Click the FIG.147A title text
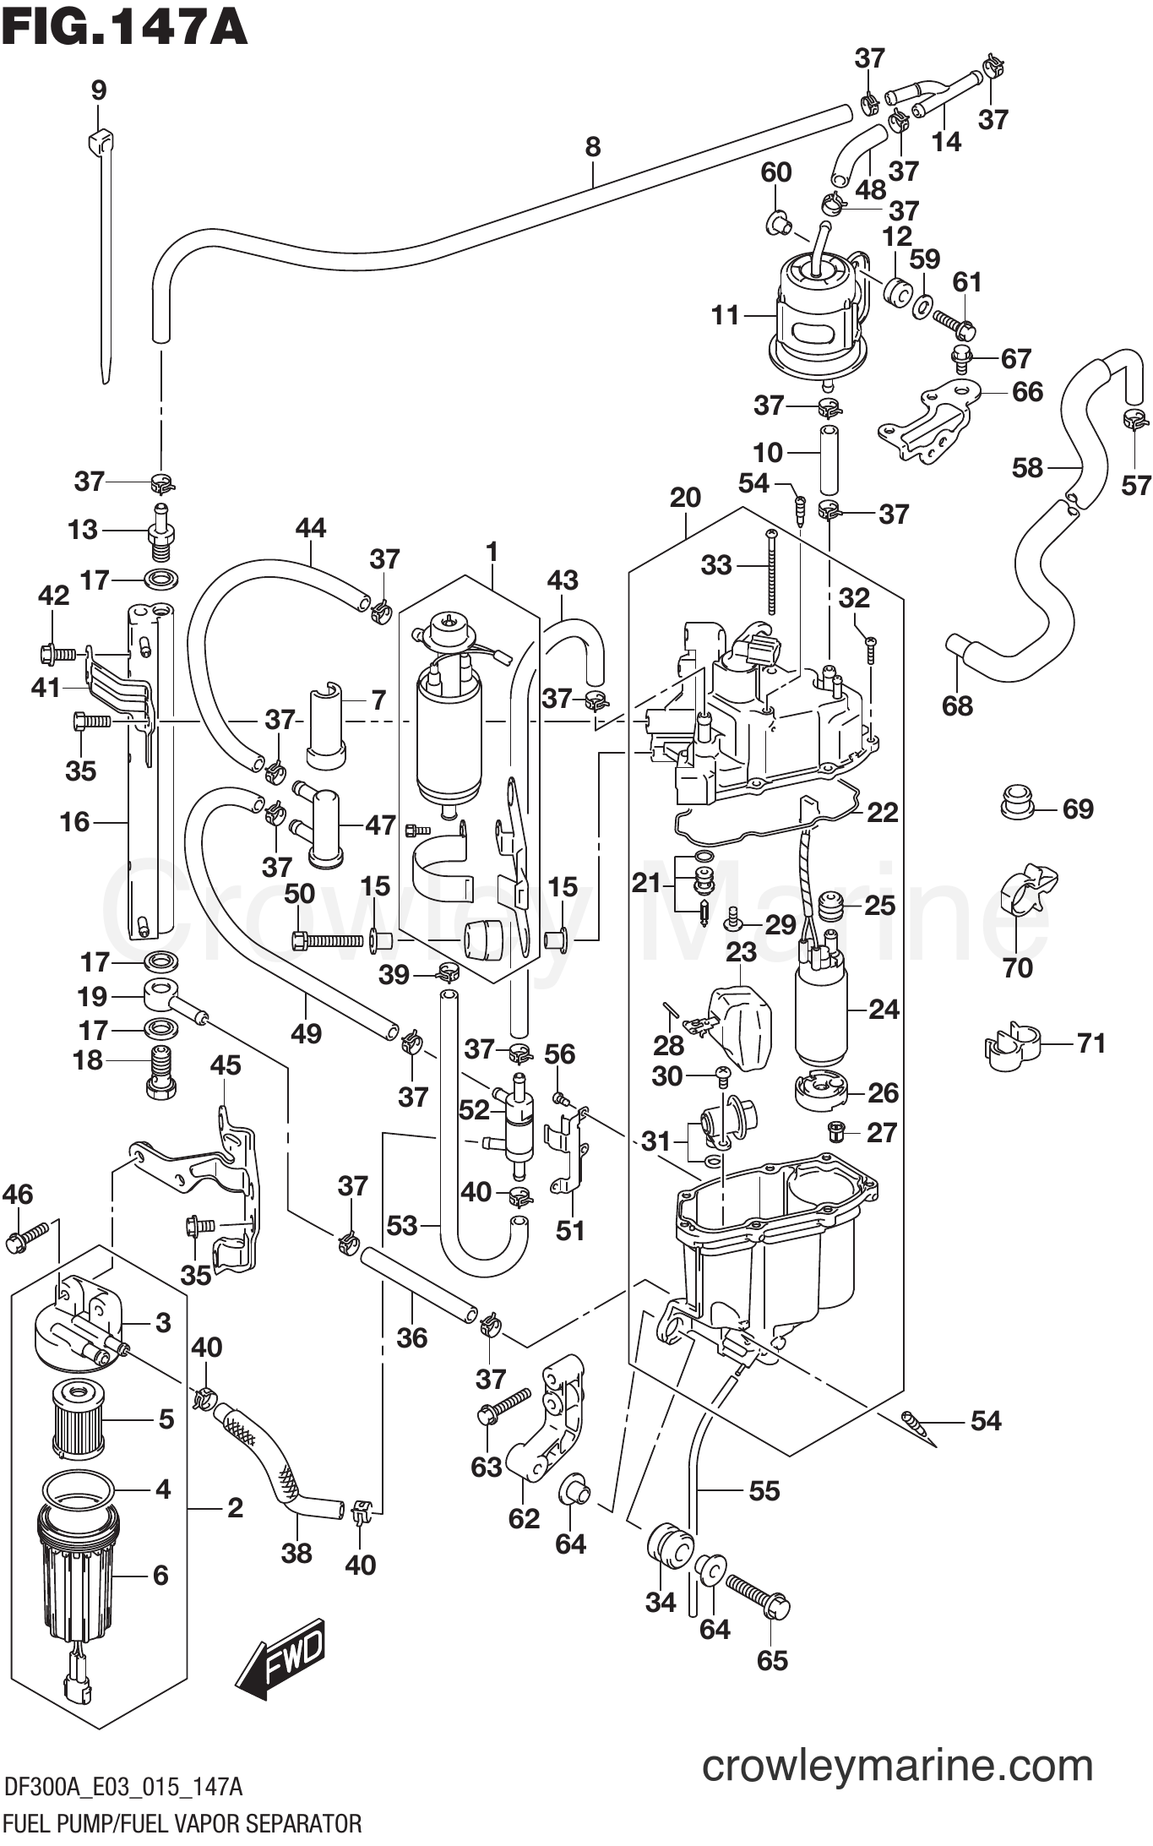coord(125,27)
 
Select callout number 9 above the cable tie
coord(99,90)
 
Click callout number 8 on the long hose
coord(593,147)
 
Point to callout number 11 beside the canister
coord(725,316)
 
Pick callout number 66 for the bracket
coord(1027,392)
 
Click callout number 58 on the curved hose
coord(1027,467)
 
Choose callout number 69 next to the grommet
coord(1078,809)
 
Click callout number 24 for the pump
coord(884,1009)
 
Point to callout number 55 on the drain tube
coord(764,1491)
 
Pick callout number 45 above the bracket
coord(225,1065)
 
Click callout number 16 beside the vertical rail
coord(74,821)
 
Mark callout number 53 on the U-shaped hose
coord(402,1225)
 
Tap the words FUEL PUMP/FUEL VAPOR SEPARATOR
coord(182,1824)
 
